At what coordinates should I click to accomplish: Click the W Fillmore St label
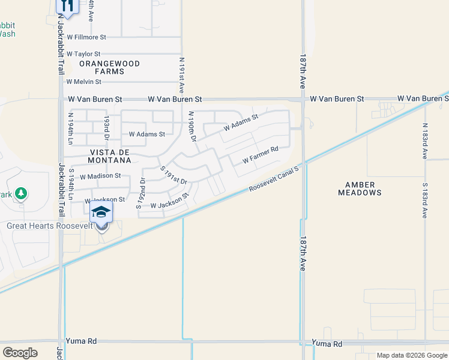coord(86,37)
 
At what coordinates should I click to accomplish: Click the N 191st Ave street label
coord(181,74)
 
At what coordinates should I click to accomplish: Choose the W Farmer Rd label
coord(261,155)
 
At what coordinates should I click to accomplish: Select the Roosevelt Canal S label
coord(274,179)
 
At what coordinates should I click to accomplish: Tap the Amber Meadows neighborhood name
coord(360,188)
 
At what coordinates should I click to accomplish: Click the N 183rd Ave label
coord(424,141)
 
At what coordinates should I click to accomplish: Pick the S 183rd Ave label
coord(424,200)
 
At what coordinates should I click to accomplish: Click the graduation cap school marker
coord(101,213)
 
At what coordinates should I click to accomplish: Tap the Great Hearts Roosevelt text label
coord(50,226)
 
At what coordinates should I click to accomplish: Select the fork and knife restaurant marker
coord(67,6)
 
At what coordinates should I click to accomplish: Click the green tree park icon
coord(22,193)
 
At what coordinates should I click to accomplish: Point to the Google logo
coord(20,353)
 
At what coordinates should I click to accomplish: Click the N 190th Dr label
coord(192,126)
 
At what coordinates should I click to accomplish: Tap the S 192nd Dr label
coord(140,193)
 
